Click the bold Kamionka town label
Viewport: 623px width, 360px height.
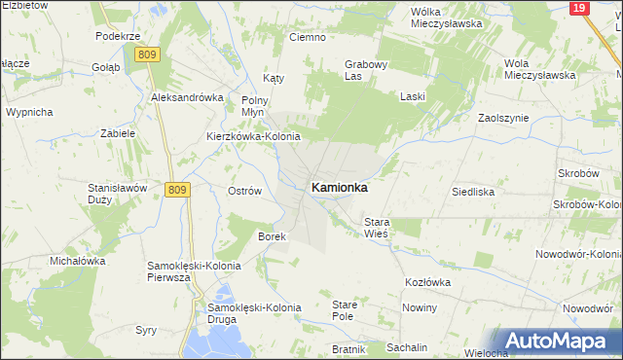[x=339, y=188]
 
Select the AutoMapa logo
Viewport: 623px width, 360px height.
[x=557, y=342]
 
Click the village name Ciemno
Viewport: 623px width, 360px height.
[x=307, y=37]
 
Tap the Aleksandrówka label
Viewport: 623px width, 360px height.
[x=187, y=98]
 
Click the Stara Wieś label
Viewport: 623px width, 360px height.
[x=376, y=228]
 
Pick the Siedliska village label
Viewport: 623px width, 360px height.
[x=473, y=192]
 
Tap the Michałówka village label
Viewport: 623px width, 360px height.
[x=78, y=262]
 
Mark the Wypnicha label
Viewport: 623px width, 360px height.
[x=29, y=112]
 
